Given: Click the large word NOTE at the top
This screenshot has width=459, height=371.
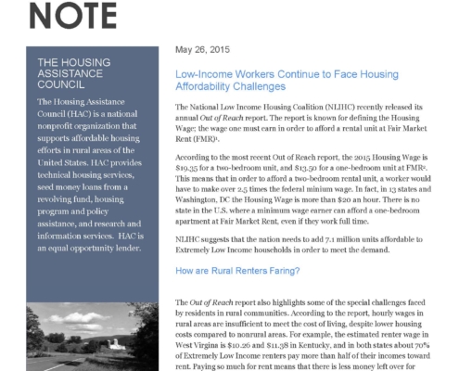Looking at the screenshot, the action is coord(67,13).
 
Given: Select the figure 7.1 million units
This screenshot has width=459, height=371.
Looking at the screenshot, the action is coord(336,236).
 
